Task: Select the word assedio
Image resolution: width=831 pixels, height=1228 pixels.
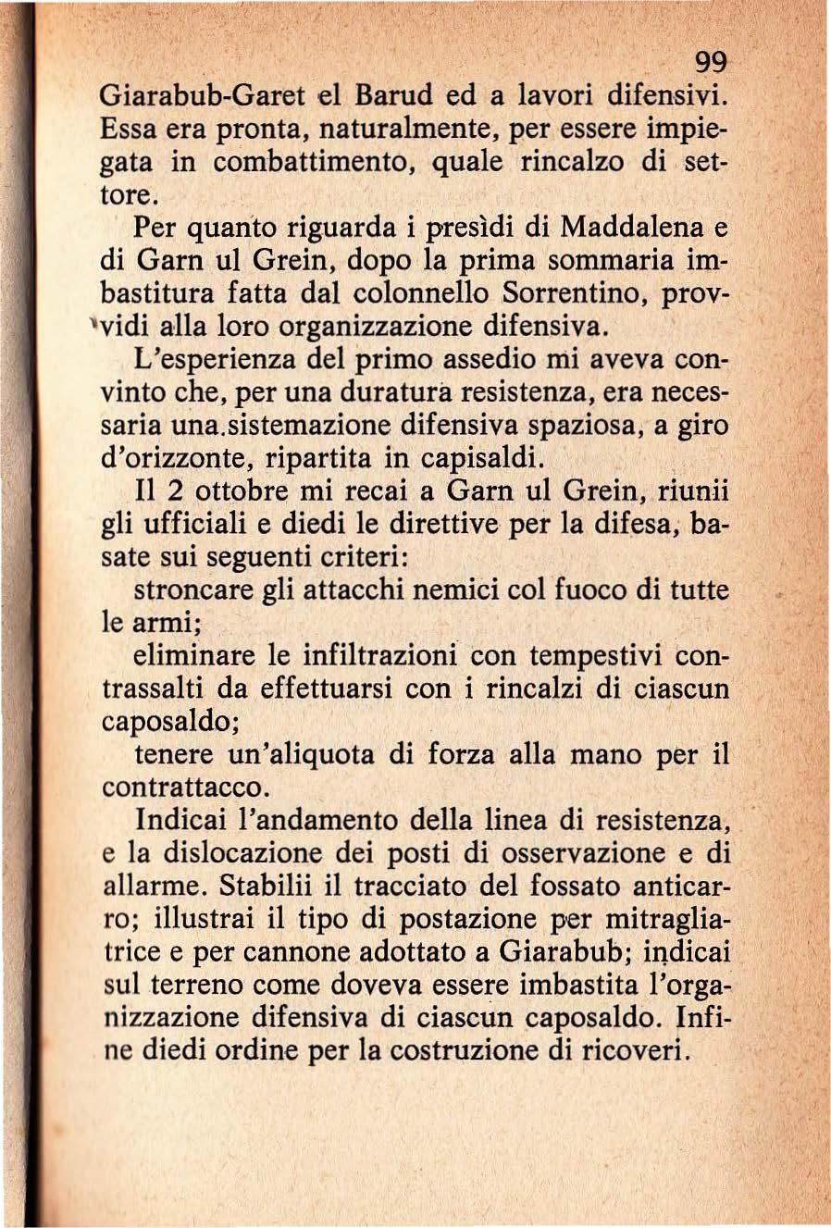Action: (x=501, y=361)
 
